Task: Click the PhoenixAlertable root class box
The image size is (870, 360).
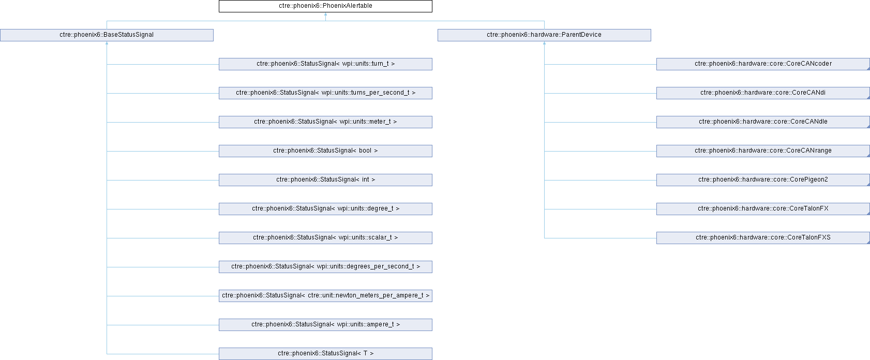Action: coord(325,6)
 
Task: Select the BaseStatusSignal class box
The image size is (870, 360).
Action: coord(107,35)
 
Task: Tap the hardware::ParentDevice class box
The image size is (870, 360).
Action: coord(544,35)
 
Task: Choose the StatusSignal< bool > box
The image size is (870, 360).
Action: coord(325,151)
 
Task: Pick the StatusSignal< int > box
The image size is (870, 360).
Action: coord(325,180)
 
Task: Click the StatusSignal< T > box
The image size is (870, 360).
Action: coord(325,354)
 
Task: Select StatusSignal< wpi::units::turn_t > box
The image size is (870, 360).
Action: coord(325,64)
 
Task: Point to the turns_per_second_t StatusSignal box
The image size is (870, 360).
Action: coord(325,93)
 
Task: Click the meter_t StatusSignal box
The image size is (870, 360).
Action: coord(325,122)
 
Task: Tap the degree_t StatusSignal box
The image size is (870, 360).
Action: coord(325,209)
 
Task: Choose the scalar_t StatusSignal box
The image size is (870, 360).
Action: coord(325,238)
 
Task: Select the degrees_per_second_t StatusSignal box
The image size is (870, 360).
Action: coord(325,267)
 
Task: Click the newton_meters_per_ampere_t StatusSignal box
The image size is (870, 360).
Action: coord(325,296)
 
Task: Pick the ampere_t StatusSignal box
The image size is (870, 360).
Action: coord(325,325)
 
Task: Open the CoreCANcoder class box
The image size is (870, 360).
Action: coord(763,64)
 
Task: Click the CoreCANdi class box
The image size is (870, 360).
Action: coord(763,93)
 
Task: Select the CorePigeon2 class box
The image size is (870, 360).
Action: coord(763,180)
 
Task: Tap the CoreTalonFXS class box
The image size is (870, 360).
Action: coord(763,238)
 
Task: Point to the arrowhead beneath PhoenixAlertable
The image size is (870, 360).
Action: coord(325,14)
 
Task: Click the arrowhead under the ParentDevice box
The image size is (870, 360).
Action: coord(544,43)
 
